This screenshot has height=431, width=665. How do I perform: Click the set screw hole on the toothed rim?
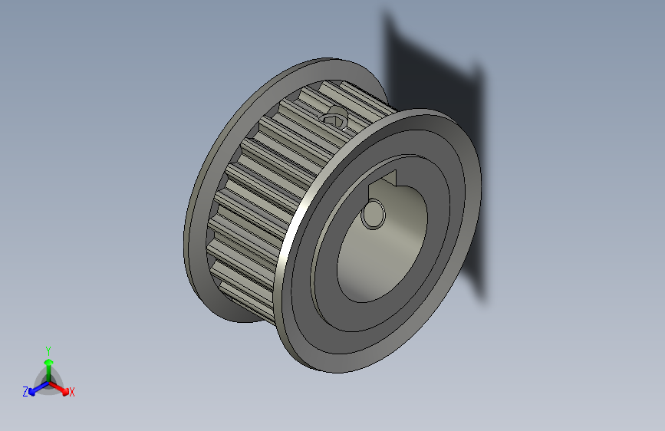pos(335,118)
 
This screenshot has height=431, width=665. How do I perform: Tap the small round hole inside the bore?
pos(374,214)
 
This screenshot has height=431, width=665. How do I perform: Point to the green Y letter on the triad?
pos(48,350)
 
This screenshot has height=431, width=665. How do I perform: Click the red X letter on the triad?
pos(71,393)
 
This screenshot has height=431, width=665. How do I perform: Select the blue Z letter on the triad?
pos(25,391)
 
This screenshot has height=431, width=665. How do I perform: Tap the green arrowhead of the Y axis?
pos(48,361)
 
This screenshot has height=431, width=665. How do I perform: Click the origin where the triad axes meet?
pos(48,381)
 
